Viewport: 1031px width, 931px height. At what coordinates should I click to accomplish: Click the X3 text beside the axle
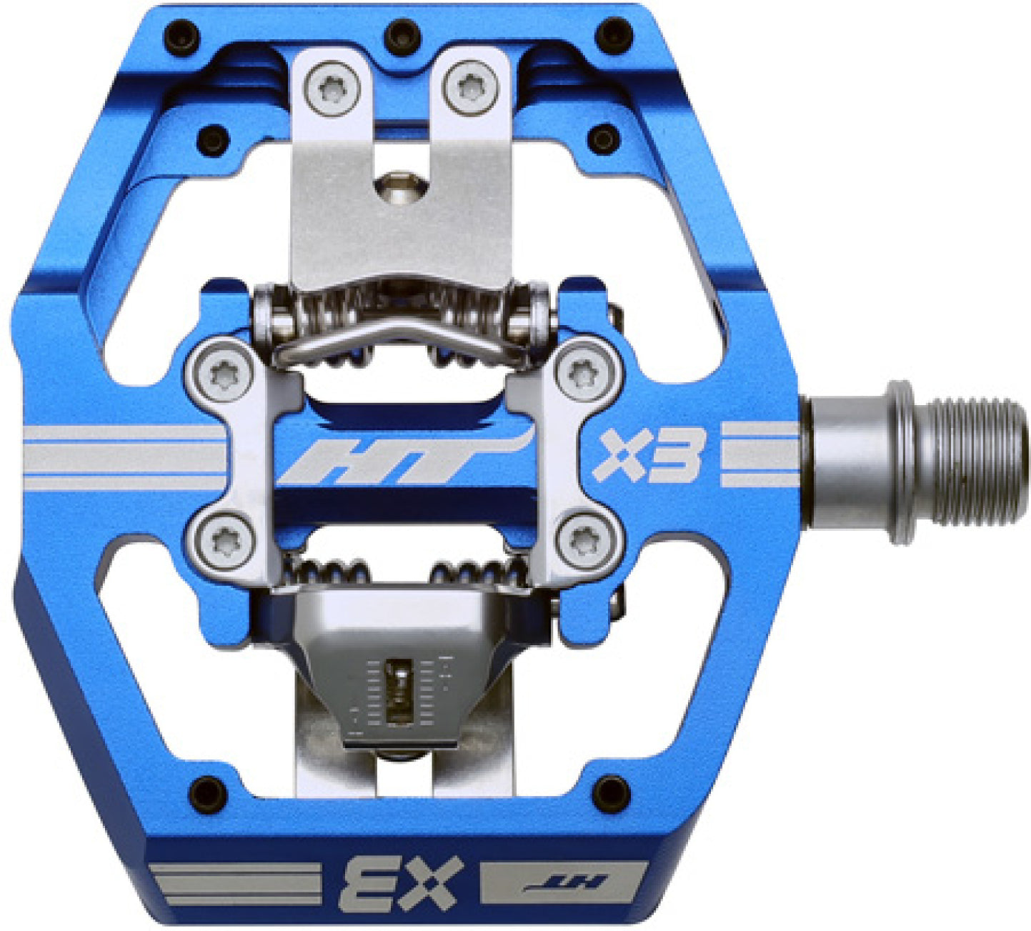tap(649, 455)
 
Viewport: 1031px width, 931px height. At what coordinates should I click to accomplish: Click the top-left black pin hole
tap(179, 34)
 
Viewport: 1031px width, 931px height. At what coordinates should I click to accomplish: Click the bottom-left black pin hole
tap(206, 792)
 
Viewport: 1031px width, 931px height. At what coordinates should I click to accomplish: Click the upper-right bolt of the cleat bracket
tap(584, 371)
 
